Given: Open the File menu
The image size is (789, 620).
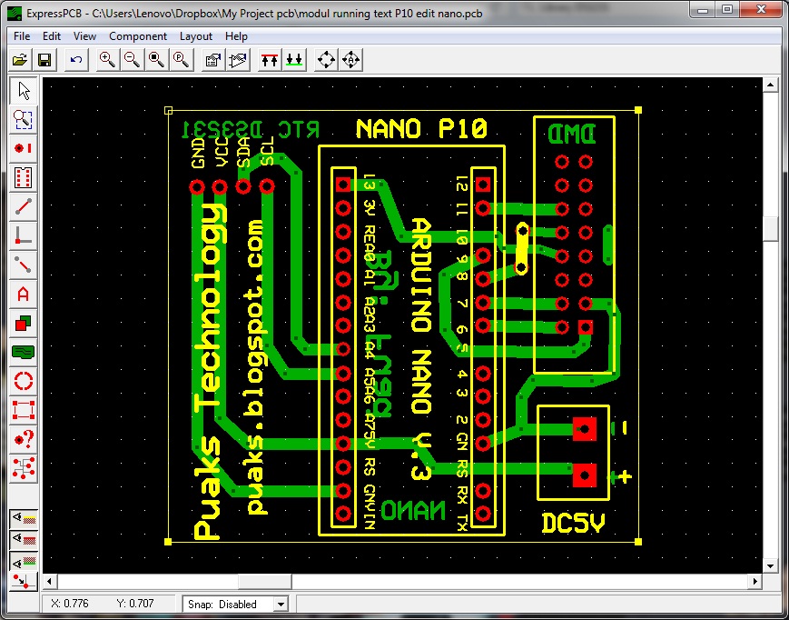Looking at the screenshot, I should (22, 36).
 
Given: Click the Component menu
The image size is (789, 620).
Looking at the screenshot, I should (138, 36).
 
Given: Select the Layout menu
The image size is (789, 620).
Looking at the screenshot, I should (196, 36).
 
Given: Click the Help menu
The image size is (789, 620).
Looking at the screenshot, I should (236, 36).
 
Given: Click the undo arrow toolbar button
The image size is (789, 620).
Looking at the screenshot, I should (76, 60).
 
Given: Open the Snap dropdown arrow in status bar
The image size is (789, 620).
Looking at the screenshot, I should (280, 604).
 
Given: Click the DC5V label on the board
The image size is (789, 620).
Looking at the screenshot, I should (573, 524).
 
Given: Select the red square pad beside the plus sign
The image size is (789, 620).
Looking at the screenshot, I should (586, 475).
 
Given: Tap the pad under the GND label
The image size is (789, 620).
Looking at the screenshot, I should (197, 187).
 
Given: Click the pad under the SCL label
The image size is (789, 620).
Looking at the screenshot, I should (267, 187).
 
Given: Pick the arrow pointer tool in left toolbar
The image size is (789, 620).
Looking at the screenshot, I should (24, 91).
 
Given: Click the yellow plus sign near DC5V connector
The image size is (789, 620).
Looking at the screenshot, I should (624, 475).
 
